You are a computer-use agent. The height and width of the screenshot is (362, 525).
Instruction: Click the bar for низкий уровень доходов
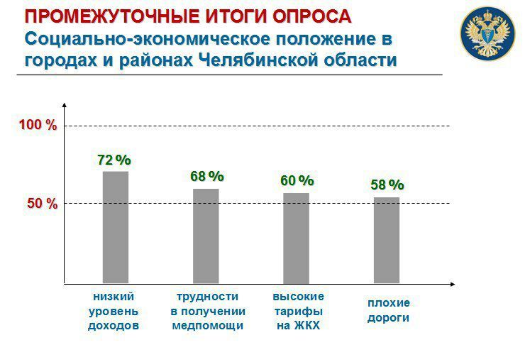(x=116, y=227)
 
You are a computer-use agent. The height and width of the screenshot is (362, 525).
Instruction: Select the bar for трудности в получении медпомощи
(x=206, y=236)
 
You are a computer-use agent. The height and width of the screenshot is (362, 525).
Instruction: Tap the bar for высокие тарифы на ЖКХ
(x=296, y=238)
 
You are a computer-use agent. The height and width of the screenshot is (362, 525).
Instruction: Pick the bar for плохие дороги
(x=387, y=240)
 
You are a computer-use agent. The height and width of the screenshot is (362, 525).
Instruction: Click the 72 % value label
(x=114, y=160)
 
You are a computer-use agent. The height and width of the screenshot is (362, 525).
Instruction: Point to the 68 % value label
(x=206, y=176)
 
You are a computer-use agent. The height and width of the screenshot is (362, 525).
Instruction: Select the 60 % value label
(x=297, y=181)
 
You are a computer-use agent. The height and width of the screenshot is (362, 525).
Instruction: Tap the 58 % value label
(x=387, y=185)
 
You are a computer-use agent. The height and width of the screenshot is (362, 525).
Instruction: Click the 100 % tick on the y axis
(x=38, y=126)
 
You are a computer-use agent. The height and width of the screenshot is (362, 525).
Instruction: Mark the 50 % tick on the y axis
(x=43, y=204)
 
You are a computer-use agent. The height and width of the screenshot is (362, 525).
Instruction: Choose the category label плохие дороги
(x=388, y=310)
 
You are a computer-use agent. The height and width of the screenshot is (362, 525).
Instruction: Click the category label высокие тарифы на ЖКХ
(x=298, y=311)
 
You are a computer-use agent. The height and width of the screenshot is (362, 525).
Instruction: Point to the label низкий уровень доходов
(x=114, y=311)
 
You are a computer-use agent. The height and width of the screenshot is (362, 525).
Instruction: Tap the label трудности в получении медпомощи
(x=208, y=311)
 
